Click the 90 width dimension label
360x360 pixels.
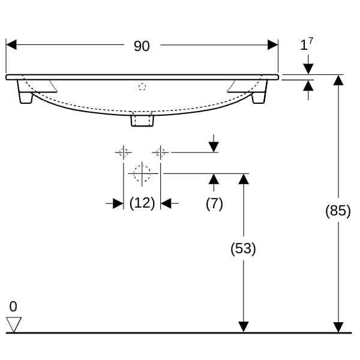click(x=142, y=46)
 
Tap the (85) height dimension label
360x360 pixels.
click(x=338, y=211)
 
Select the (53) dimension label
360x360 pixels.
click(x=243, y=248)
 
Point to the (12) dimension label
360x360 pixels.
click(x=142, y=203)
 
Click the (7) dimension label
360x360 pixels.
click(x=214, y=203)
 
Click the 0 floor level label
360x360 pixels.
click(x=13, y=306)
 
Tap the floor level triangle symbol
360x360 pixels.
click(x=14, y=325)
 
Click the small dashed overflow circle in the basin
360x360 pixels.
click(x=142, y=87)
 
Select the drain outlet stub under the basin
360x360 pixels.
click(x=142, y=121)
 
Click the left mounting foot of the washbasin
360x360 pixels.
click(x=25, y=92)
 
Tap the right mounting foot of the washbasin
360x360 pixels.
click(x=260, y=92)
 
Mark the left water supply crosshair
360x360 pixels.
click(x=124, y=152)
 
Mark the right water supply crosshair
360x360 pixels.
click(x=160, y=152)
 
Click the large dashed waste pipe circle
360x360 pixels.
click(x=142, y=173)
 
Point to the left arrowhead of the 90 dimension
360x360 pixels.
click(x=11, y=44)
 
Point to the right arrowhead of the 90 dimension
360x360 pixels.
click(x=273, y=44)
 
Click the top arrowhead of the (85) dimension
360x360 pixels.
click(x=338, y=80)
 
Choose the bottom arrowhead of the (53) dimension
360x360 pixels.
click(x=244, y=327)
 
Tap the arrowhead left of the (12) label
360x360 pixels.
click(x=118, y=203)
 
